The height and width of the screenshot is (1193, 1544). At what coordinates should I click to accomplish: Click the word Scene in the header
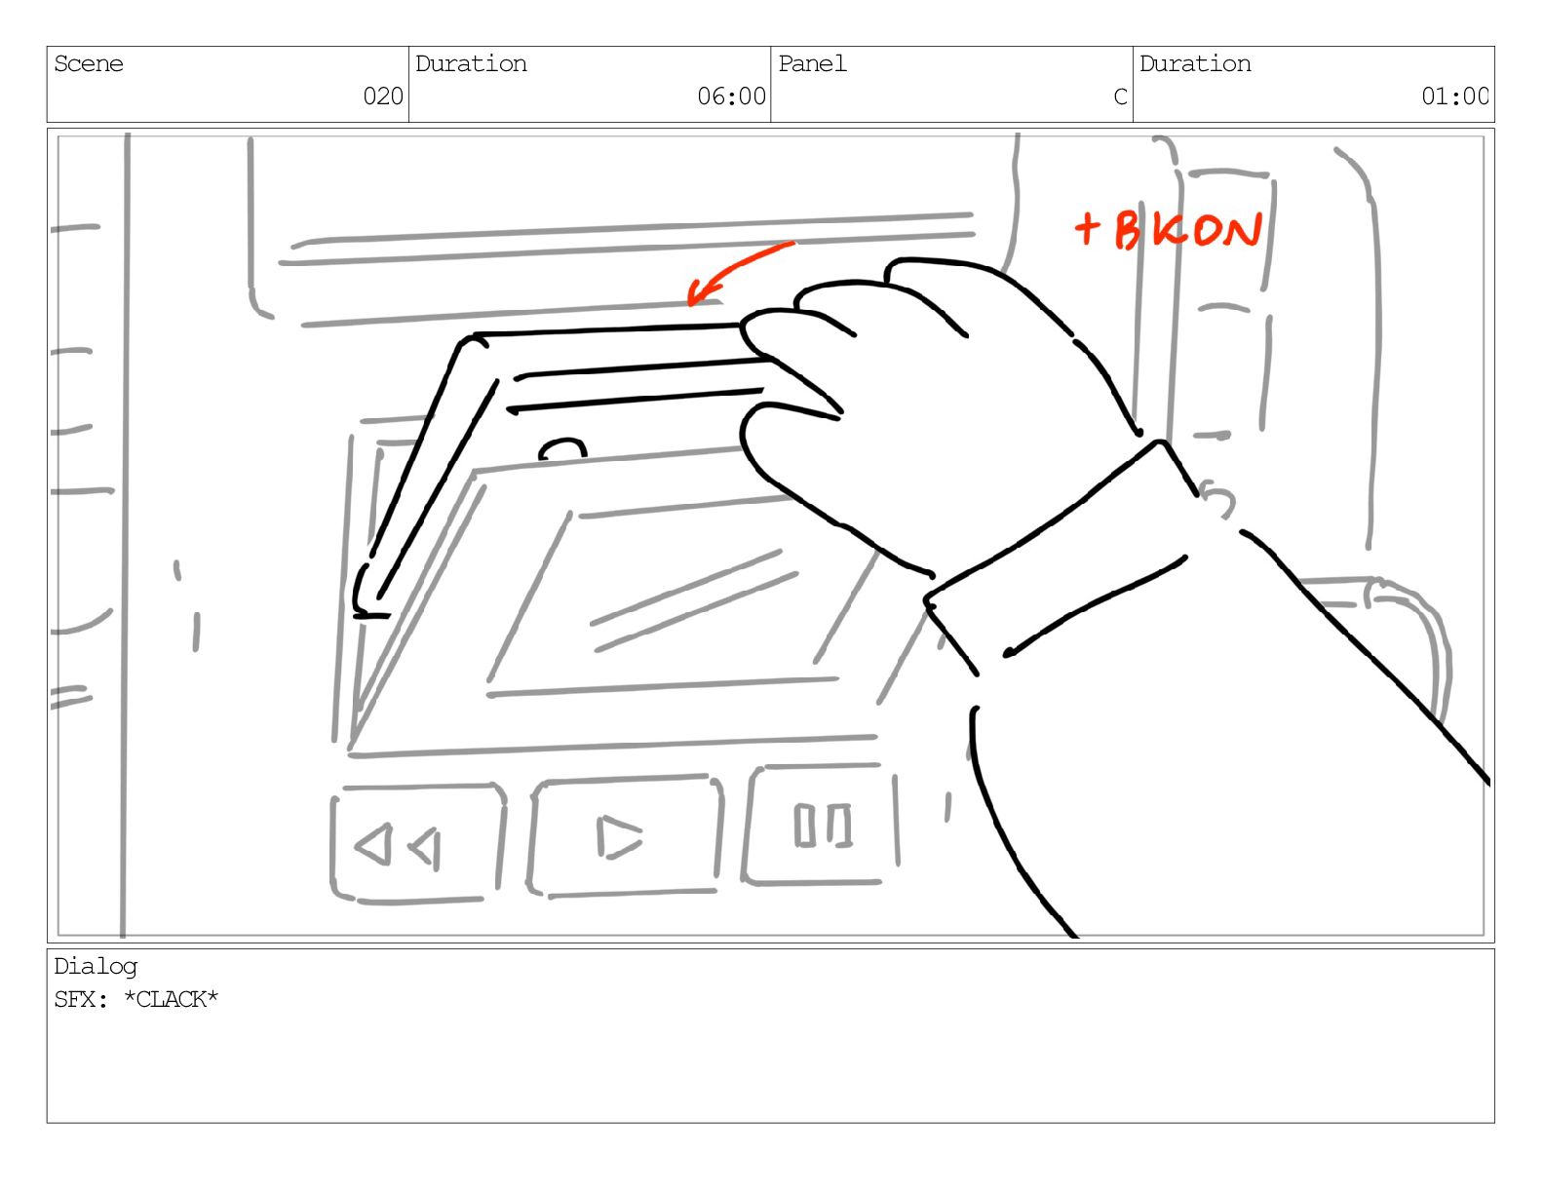tap(88, 64)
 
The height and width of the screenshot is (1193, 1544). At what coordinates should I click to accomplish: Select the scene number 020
tap(383, 96)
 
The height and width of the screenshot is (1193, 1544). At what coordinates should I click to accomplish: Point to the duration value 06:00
tap(731, 96)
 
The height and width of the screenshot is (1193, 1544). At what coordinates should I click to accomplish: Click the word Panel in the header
tap(812, 64)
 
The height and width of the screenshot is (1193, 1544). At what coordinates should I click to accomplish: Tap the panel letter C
tap(1121, 96)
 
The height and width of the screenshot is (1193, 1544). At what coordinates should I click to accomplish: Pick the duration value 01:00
tap(1454, 96)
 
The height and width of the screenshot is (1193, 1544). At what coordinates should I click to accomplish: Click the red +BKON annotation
tap(1168, 230)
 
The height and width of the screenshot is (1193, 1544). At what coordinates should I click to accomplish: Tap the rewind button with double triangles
tap(418, 843)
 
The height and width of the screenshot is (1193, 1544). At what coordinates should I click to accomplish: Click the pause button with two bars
tap(821, 825)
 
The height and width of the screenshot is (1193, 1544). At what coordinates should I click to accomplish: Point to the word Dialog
tap(96, 967)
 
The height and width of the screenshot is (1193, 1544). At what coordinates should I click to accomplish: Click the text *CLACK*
tap(171, 999)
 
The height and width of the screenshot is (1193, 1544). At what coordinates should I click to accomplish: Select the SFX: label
tap(80, 1000)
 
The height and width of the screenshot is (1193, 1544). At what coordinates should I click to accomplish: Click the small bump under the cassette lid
tap(562, 449)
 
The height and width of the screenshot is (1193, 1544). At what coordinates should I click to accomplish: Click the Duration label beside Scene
tap(471, 64)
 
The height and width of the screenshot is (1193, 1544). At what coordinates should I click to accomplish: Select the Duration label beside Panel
tap(1195, 64)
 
